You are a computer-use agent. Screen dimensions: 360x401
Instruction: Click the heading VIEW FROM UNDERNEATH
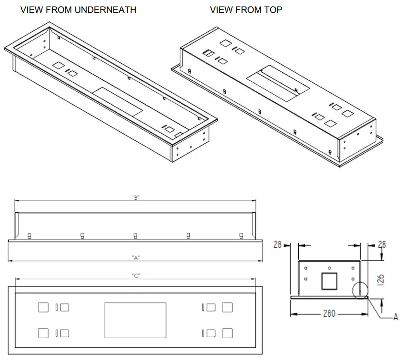[78, 10]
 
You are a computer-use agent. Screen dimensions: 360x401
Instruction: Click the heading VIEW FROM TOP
[246, 10]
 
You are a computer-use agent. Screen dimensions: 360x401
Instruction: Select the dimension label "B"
[136, 197]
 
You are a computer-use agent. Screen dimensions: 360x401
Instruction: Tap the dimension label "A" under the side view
[136, 257]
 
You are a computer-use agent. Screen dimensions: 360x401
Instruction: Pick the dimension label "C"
[136, 276]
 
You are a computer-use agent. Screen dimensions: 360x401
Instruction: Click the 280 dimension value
[329, 313]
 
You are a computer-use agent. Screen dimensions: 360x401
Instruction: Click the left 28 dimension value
[278, 244]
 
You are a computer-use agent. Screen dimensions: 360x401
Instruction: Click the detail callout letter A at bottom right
[395, 318]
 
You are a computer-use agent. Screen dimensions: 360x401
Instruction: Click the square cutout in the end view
[329, 281]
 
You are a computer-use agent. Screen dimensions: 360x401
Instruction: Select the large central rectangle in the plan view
[135, 321]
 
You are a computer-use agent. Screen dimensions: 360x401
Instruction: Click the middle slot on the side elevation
[136, 236]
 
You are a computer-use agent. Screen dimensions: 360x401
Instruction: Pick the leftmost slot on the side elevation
[29, 236]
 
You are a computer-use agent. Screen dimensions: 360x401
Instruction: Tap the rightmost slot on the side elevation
[241, 236]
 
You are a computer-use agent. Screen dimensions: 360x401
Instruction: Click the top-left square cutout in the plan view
[43, 307]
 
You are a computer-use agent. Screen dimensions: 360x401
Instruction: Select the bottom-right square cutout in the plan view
[227, 333]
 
